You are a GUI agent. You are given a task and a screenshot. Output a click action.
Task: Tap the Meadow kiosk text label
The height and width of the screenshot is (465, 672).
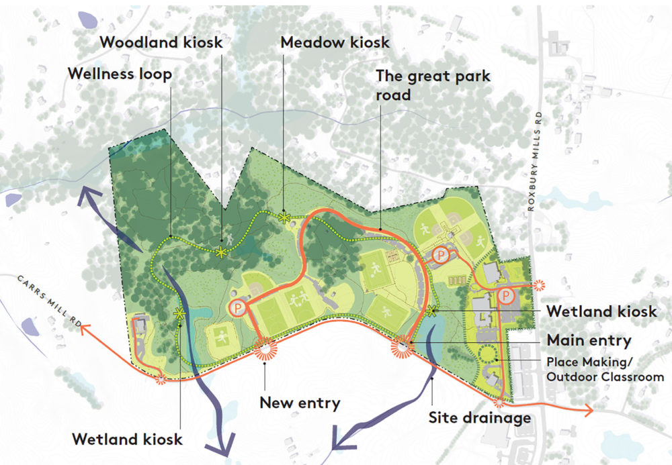click(335, 42)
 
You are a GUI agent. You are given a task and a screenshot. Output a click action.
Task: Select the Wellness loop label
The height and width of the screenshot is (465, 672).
click(120, 74)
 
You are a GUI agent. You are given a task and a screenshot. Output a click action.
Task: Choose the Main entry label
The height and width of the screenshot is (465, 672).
click(589, 340)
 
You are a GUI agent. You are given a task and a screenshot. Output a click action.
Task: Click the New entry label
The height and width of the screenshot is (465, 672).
click(300, 403)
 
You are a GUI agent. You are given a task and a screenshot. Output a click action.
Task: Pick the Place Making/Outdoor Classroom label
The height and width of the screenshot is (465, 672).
click(605, 370)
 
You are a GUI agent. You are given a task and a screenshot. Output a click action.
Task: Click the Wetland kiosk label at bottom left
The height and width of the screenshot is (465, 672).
click(127, 440)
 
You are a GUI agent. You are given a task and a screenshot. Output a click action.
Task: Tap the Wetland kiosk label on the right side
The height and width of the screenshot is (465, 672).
click(601, 312)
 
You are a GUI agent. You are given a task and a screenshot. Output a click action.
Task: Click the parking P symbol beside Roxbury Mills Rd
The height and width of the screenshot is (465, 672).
click(507, 295)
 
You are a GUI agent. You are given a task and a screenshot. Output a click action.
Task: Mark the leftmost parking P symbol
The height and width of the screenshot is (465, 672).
click(237, 307)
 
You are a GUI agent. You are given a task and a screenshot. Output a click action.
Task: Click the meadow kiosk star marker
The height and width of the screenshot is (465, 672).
click(285, 217)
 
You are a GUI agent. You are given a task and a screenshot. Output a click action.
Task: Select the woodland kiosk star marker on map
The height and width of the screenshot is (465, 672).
click(221, 252)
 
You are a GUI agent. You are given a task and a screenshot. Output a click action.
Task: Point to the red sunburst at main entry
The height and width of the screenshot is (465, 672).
click(404, 344)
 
